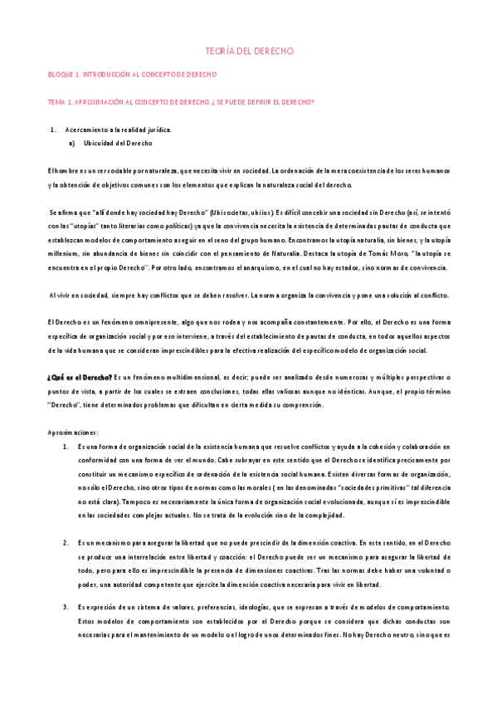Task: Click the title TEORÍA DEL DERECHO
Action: point(249,51)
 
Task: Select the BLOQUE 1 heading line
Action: point(132,75)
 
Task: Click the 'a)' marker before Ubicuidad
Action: point(72,144)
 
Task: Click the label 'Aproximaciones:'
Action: point(73,433)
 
